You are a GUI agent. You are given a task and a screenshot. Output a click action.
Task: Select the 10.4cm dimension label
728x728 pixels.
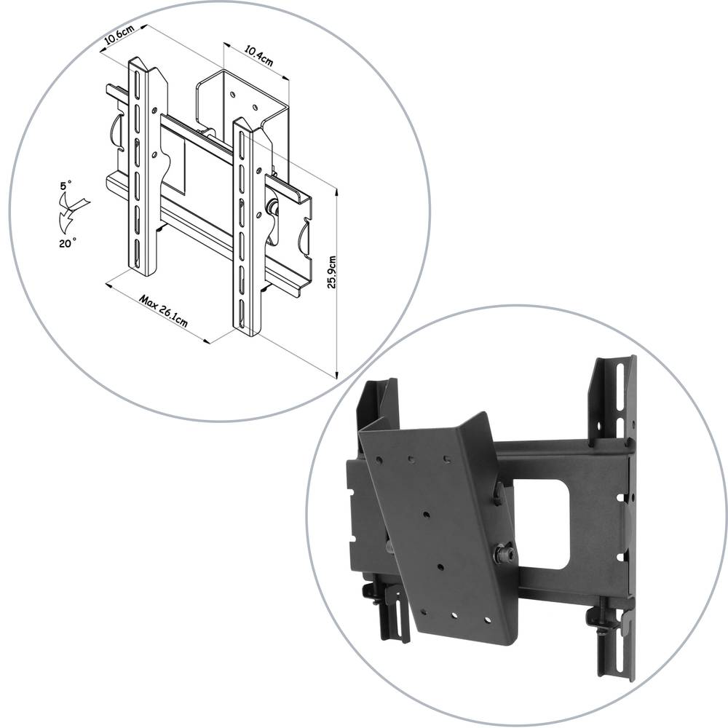pyautogui.click(x=258, y=56)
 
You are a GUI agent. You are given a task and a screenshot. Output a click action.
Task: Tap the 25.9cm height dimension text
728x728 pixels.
pyautogui.click(x=332, y=272)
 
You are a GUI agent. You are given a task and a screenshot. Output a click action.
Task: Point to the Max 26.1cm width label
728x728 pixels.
pyautogui.click(x=164, y=312)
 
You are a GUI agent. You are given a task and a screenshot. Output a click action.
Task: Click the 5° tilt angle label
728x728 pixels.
pyautogui.click(x=66, y=187)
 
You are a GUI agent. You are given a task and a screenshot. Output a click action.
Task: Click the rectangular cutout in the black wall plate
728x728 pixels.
pyautogui.click(x=542, y=523)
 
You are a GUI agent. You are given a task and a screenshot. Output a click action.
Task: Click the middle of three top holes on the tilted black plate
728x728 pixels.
pyautogui.click(x=412, y=459)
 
